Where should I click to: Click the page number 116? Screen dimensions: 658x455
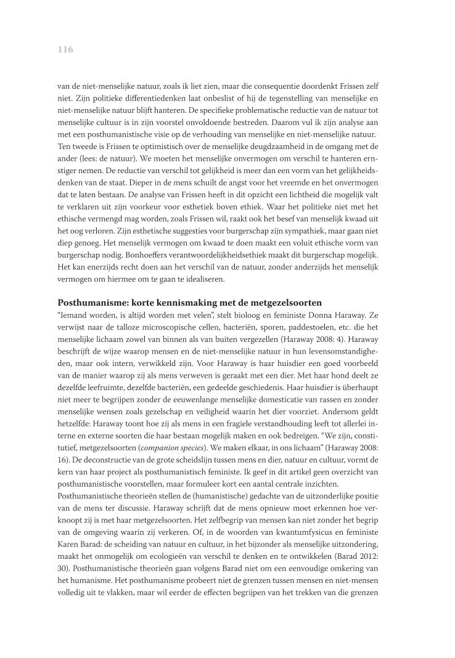(x=65, y=50)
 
